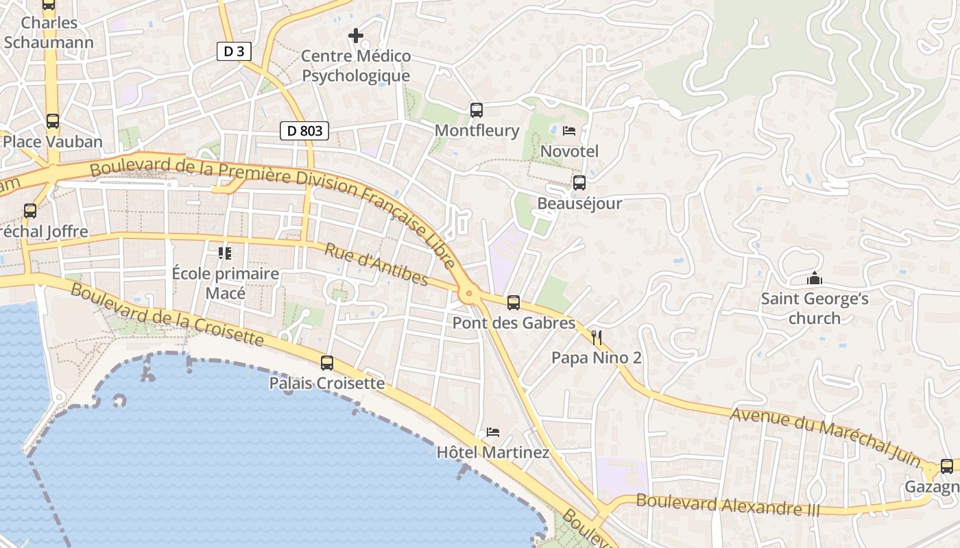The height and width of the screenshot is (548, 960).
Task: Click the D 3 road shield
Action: (x=234, y=51)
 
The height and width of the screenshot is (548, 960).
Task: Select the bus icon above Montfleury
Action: (x=477, y=110)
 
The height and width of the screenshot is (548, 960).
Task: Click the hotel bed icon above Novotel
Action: (x=569, y=130)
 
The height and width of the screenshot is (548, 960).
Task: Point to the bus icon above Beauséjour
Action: (x=579, y=183)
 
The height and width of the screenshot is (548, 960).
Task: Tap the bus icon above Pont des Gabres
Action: (x=513, y=302)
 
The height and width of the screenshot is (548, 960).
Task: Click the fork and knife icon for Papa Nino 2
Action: (x=596, y=337)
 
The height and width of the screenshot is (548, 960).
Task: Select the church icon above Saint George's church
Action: (x=815, y=278)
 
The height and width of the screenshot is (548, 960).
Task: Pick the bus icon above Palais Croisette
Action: (x=327, y=363)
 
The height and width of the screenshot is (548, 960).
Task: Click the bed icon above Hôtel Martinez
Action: (x=492, y=432)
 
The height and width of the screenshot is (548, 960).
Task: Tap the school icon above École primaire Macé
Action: (x=225, y=253)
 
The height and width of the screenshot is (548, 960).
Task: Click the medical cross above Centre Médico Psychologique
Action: (x=356, y=35)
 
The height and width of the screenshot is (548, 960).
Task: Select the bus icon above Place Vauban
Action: (x=53, y=121)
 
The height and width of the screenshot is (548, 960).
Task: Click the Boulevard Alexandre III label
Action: (x=728, y=505)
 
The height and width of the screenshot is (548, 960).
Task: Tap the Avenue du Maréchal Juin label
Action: (x=826, y=436)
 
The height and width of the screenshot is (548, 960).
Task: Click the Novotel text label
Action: (x=569, y=151)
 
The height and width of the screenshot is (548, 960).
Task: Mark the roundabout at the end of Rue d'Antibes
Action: (x=469, y=295)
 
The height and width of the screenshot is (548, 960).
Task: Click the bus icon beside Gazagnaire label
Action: (x=947, y=466)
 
